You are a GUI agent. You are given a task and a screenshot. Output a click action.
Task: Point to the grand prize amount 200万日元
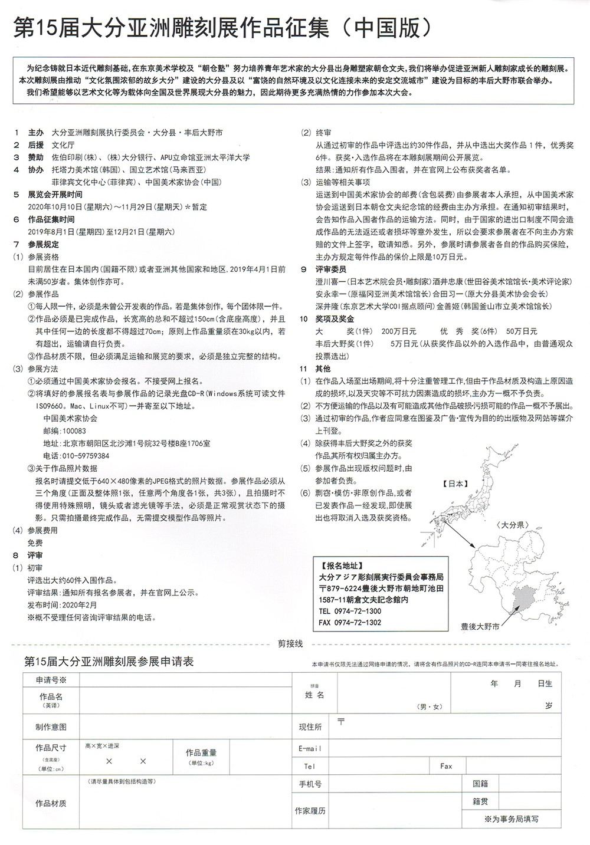point(399,331)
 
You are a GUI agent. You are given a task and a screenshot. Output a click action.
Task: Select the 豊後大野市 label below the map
point(480,627)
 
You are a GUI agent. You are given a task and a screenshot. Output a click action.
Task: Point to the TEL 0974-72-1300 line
point(350,611)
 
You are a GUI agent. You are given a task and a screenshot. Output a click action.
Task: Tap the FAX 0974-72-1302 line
point(350,623)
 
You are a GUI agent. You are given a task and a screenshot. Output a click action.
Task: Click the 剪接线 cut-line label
point(290,644)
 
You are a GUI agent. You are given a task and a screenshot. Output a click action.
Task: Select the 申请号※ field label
point(51,680)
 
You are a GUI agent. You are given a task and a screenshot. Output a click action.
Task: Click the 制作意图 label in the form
point(51,727)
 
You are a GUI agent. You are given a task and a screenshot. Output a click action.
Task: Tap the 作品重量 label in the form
point(201,752)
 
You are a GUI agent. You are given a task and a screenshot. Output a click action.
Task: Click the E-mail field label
point(310,748)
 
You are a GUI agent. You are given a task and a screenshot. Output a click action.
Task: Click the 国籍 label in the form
point(480,784)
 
